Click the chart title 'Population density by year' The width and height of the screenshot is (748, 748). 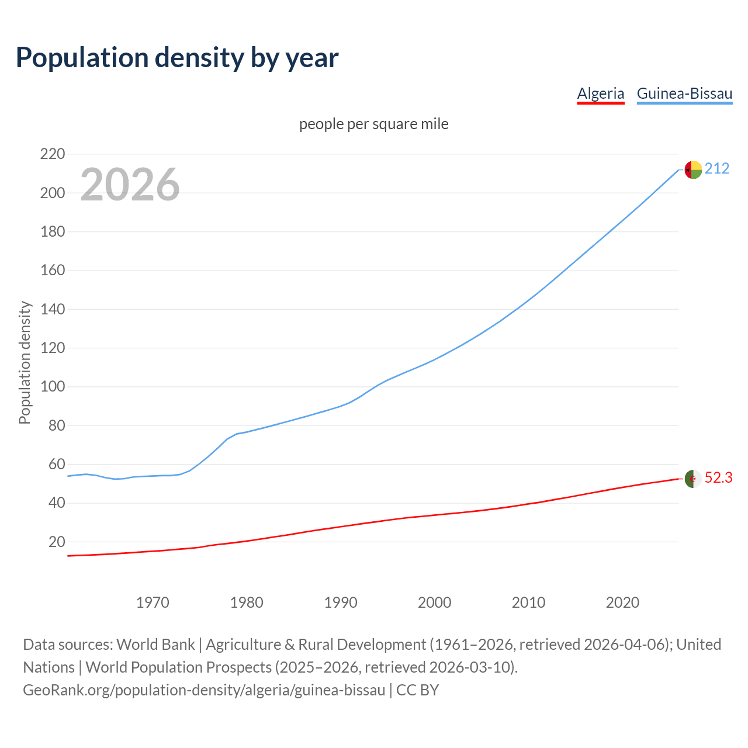177,58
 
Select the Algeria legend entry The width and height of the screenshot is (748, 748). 600,93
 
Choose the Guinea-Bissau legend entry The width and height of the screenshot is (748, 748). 684,93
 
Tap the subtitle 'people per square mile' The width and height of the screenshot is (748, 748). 373,124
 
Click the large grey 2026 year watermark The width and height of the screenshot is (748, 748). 130,185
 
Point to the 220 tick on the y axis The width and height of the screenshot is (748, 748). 53,154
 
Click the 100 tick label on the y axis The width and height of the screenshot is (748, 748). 53,387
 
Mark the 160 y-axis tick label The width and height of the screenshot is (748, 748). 53,271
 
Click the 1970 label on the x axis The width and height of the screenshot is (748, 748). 153,602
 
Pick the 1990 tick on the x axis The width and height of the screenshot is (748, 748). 341,602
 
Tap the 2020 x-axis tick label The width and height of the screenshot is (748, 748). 622,602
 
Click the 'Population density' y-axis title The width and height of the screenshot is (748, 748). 25,362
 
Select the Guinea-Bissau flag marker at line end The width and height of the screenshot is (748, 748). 693,169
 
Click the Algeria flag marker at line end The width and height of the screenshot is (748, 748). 693,479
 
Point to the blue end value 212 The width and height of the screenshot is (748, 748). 717,169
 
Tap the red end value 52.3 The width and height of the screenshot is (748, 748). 718,478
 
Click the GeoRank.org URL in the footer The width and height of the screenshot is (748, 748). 204,690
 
